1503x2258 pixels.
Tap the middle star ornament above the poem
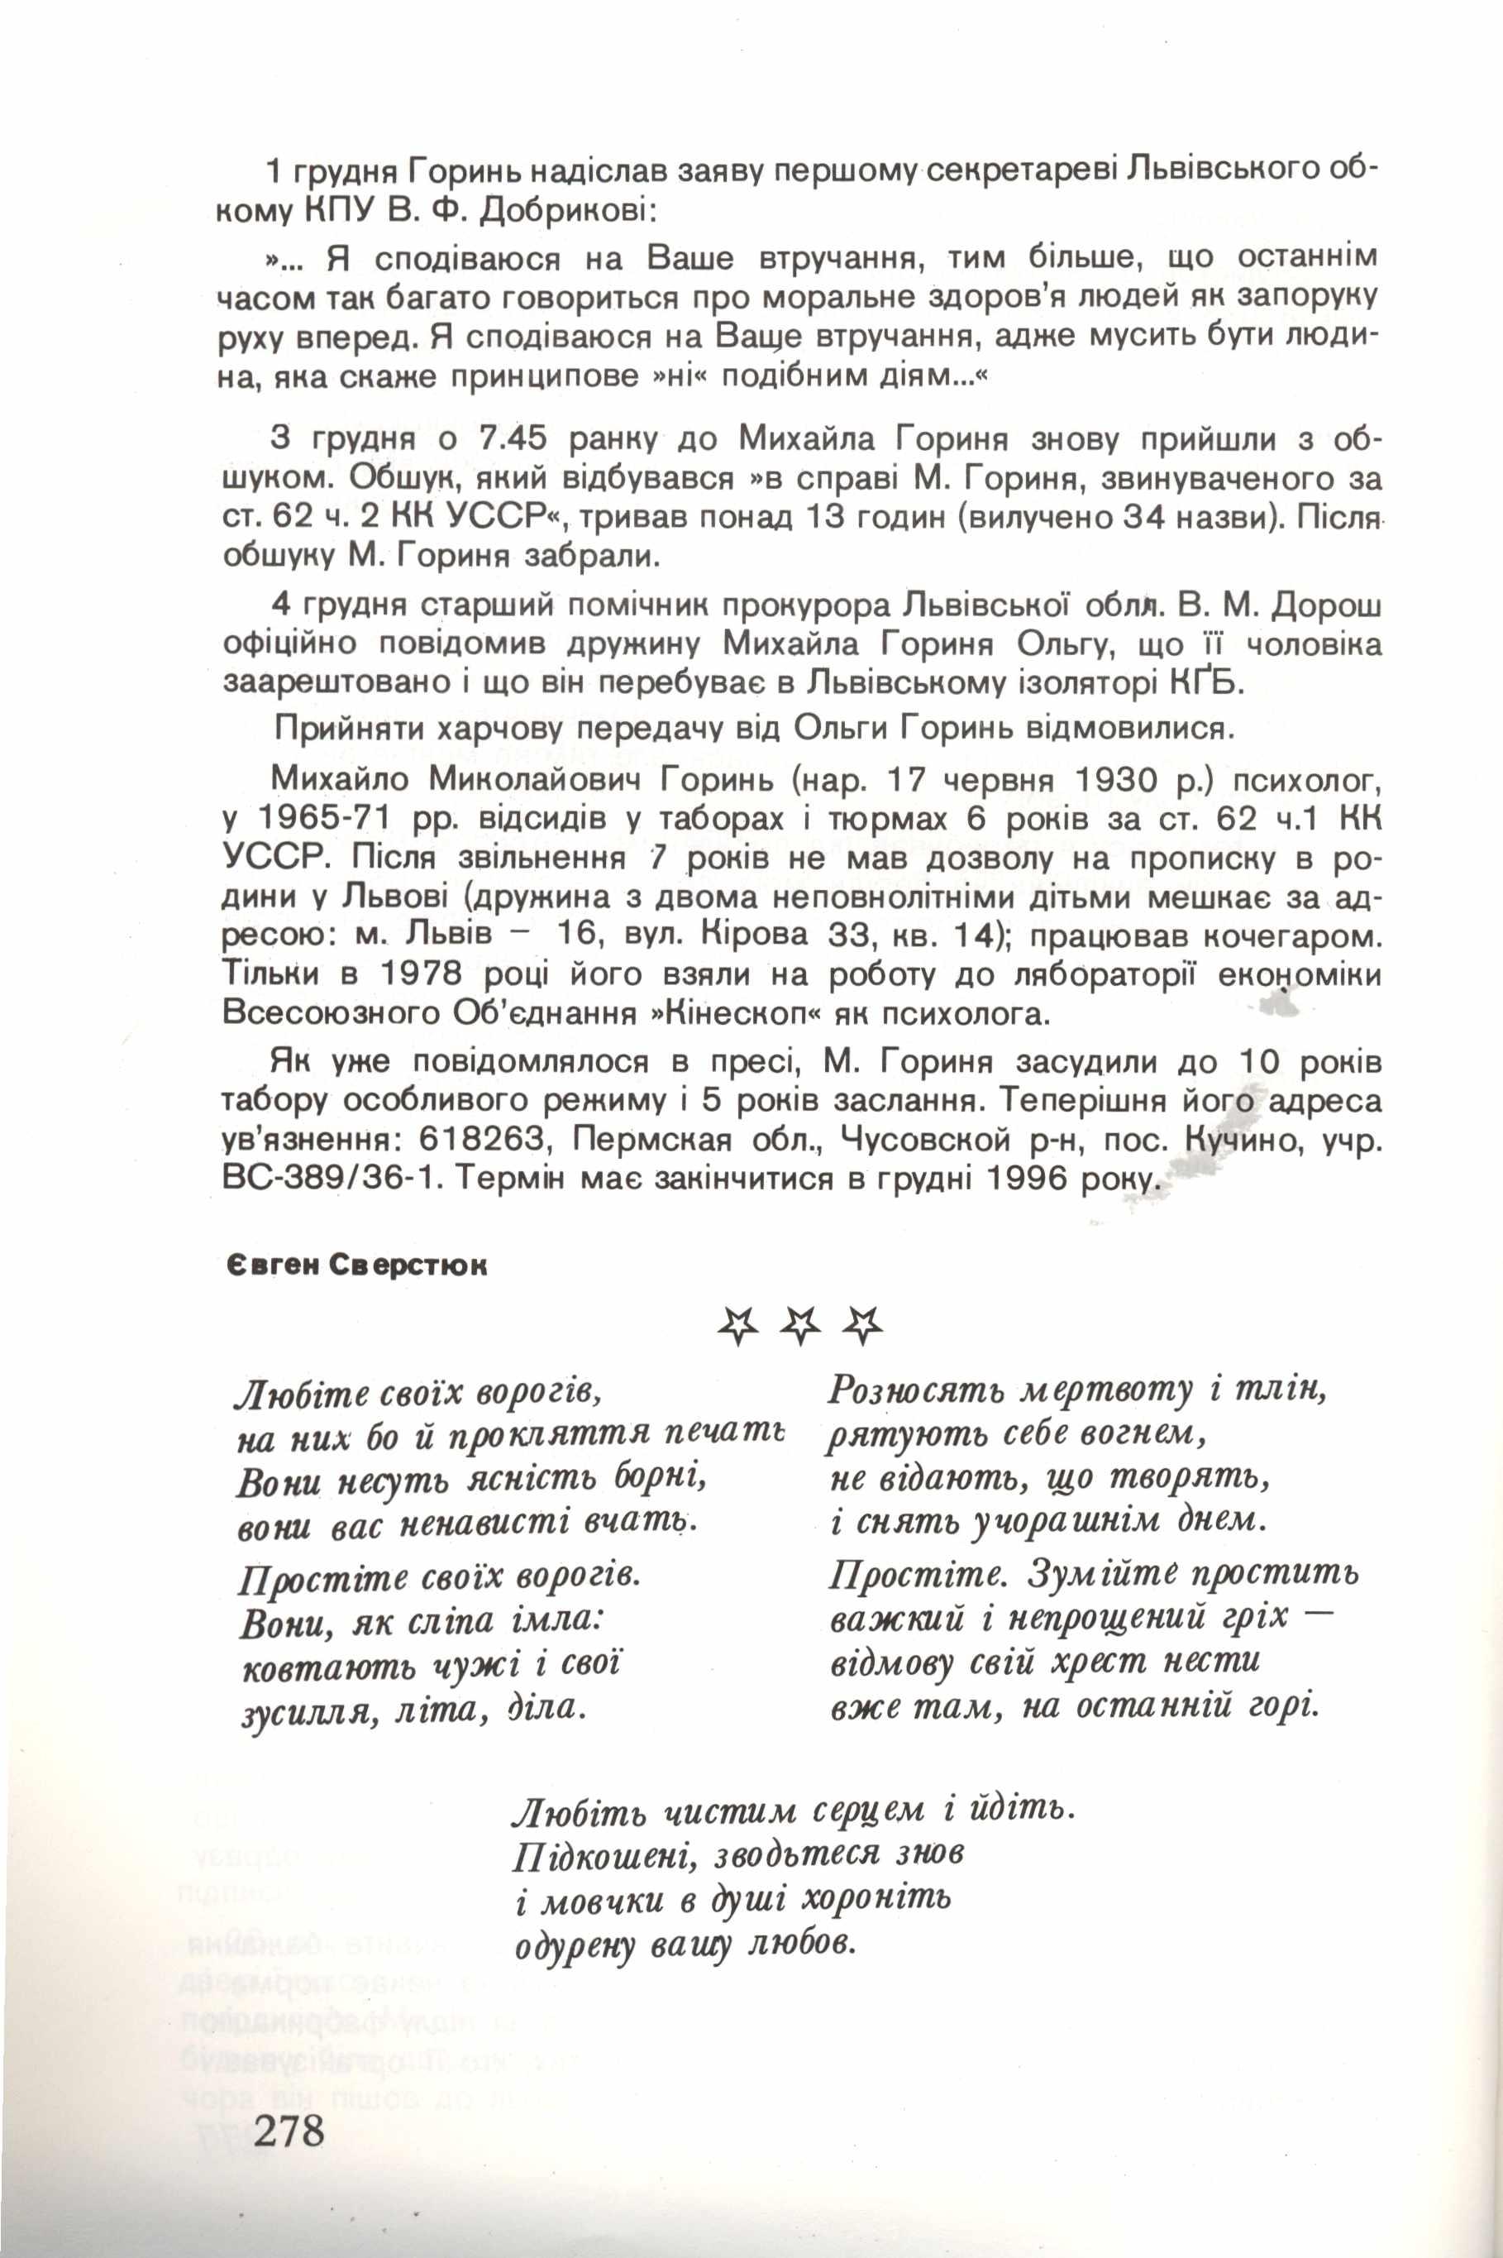click(x=799, y=1326)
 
